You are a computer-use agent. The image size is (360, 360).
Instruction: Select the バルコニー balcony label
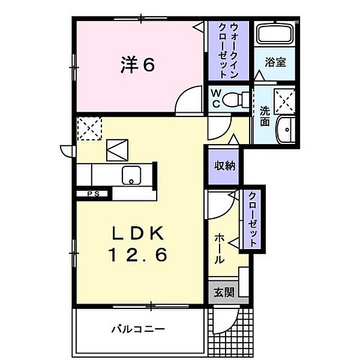pos(138,329)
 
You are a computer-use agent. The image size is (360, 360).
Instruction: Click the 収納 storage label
pos(224,165)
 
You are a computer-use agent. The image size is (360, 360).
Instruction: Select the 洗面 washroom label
pos(265,115)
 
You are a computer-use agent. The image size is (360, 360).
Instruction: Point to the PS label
pos(93,194)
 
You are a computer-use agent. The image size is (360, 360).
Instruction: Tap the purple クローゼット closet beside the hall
pos(253,219)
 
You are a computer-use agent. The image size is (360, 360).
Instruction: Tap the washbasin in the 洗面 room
pos(286,128)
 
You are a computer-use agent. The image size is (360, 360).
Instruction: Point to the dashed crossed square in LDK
pos(90,128)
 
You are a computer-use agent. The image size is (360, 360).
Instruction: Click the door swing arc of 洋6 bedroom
pos(188,97)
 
